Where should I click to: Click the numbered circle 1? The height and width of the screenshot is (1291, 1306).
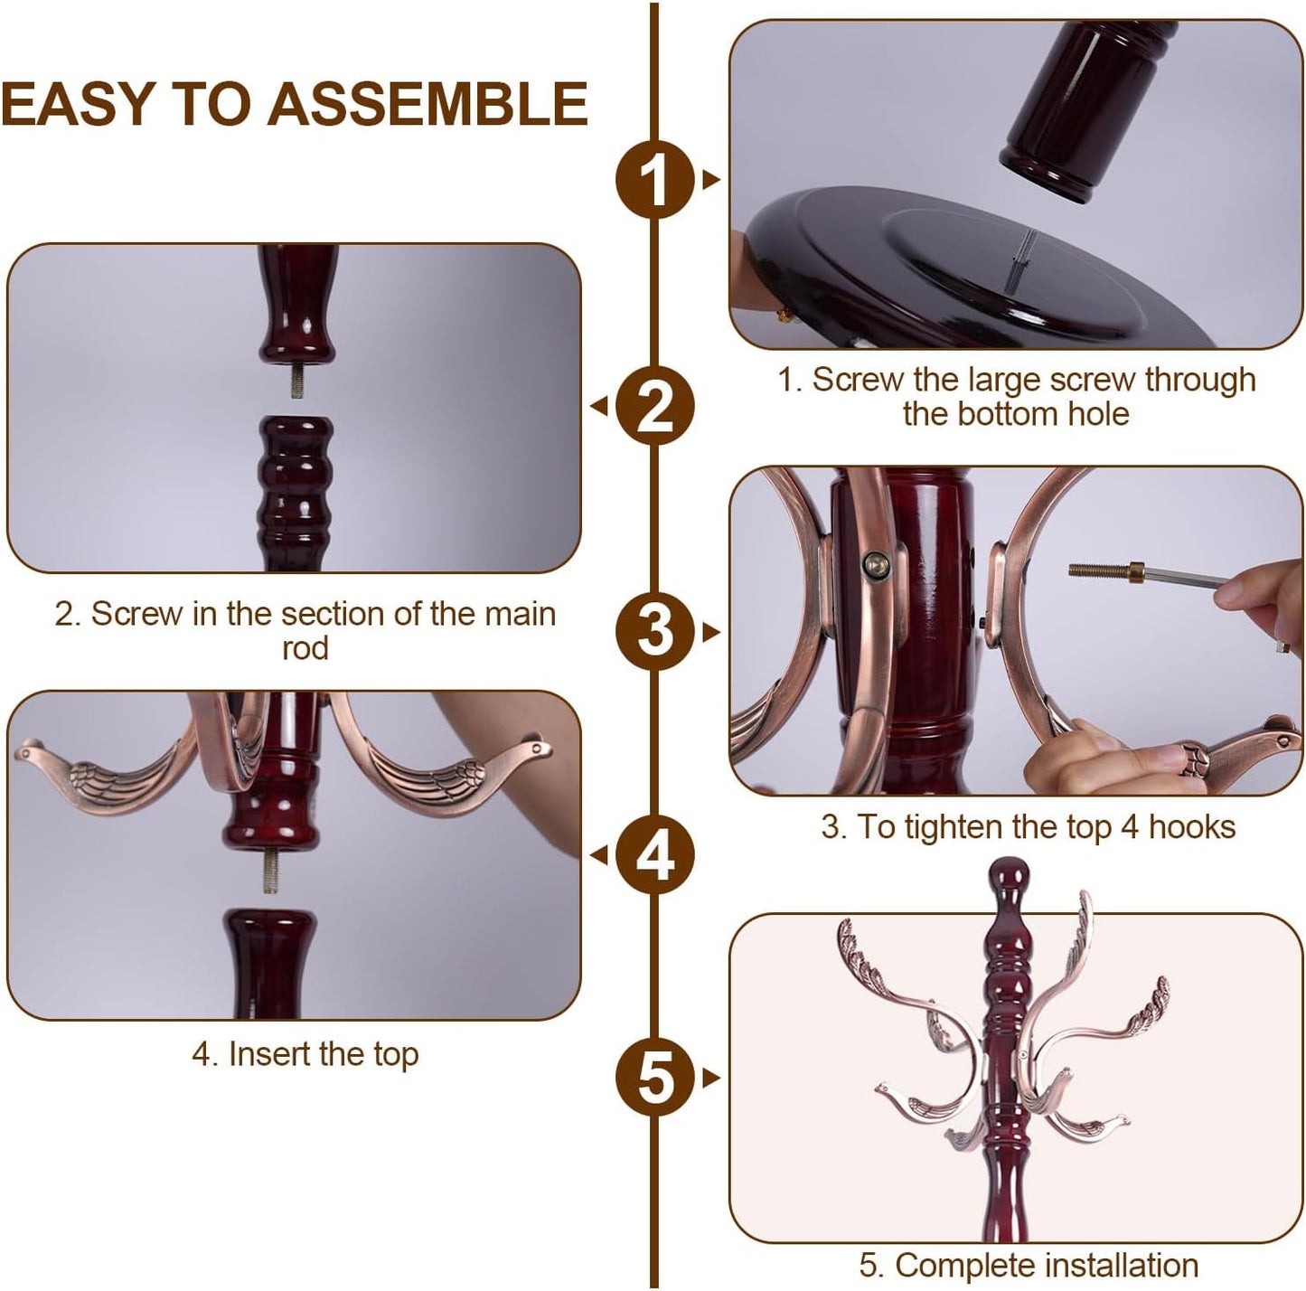coord(654,180)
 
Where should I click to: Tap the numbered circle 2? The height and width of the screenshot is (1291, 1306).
coord(654,407)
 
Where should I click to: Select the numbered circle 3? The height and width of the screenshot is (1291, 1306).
coord(654,630)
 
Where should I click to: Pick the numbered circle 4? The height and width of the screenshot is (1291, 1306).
coord(654,854)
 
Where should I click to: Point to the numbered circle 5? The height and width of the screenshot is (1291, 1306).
coord(654,1078)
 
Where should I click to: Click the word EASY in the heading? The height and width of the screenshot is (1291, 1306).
coord(78,102)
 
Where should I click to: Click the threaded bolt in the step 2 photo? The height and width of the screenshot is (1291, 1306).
coord(295,382)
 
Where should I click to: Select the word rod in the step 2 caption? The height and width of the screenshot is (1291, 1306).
coord(305,648)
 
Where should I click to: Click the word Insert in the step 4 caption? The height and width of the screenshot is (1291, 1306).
coord(268,1054)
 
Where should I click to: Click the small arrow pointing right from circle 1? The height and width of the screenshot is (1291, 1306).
coord(711,180)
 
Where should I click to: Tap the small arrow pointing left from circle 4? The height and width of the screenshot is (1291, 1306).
coord(597,854)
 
